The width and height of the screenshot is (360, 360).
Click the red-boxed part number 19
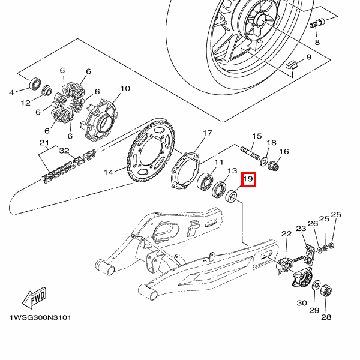coord(248,179)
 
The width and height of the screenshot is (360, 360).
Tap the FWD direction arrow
coord(34,298)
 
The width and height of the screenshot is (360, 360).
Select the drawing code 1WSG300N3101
coord(40,318)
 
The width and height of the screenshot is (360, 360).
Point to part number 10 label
coord(125,88)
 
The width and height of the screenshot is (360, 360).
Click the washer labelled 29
coord(316,285)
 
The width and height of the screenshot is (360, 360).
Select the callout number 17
coord(208,133)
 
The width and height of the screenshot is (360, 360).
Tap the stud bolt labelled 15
coord(250,153)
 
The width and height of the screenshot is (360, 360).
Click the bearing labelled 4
coord(35,83)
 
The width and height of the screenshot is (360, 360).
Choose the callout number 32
coord(64,151)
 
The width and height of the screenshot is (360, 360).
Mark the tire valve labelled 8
coord(317,23)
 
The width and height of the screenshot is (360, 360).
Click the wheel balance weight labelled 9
coord(291,64)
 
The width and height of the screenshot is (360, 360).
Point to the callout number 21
coord(44,143)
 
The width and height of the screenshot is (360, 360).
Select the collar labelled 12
coord(47,90)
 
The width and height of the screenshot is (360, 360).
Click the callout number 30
coord(302,303)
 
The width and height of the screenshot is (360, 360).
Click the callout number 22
coord(286,234)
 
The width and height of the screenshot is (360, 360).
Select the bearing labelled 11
coord(205,181)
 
